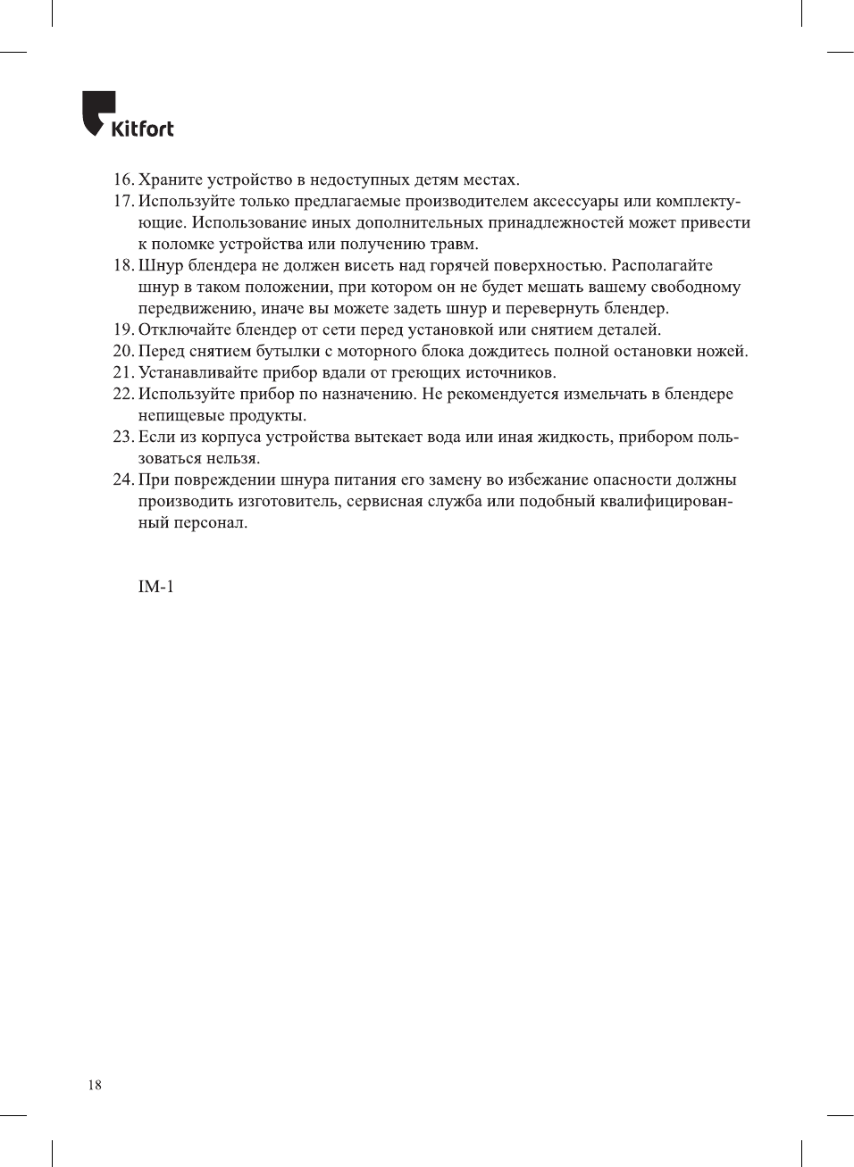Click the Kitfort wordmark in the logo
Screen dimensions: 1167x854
(142, 129)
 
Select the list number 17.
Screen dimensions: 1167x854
(123, 201)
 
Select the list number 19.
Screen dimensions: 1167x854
(123, 329)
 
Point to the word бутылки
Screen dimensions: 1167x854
(288, 351)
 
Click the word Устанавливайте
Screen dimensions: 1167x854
(197, 372)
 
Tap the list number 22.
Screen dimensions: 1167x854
(123, 394)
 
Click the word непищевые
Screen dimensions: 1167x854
(180, 415)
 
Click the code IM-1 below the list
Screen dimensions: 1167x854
(155, 587)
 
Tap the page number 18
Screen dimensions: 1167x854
(95, 1085)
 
